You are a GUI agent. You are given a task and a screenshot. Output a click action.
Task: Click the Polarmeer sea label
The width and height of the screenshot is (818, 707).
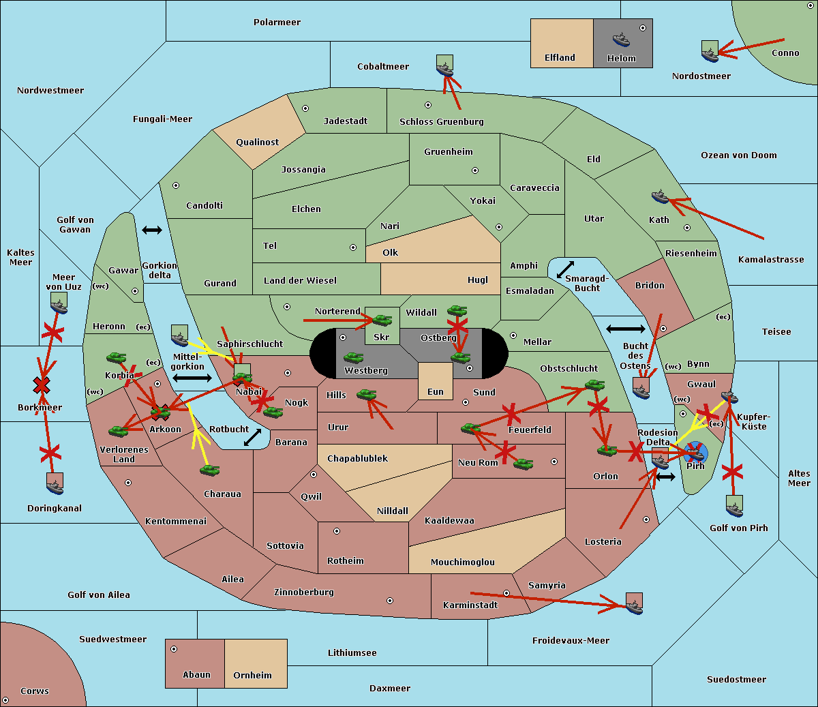[x=277, y=22]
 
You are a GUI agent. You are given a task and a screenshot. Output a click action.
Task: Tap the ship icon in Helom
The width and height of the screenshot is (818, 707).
[x=621, y=39]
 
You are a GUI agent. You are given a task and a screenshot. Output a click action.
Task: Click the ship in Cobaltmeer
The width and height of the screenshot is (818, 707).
[x=444, y=66]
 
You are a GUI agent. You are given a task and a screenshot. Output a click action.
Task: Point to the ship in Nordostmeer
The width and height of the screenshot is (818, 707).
[x=710, y=51]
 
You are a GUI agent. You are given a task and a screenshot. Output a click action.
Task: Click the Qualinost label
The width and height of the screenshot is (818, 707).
[x=257, y=142]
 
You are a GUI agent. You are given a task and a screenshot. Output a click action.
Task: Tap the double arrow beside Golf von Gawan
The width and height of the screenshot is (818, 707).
[x=151, y=230]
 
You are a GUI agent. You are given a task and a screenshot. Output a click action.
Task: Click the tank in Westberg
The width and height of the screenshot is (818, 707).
[x=353, y=357]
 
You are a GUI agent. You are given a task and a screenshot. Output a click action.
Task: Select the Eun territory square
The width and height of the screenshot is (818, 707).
[x=435, y=380]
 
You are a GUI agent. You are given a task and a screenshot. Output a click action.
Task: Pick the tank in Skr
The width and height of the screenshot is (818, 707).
[x=382, y=319]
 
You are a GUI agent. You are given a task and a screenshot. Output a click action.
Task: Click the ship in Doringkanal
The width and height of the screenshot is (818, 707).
[x=55, y=483]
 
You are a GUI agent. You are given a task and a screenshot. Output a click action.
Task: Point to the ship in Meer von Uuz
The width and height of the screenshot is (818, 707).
[x=59, y=303]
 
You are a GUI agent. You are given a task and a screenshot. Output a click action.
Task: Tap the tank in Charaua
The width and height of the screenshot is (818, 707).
[x=209, y=470]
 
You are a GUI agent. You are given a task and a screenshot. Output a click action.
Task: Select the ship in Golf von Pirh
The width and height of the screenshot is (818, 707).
[x=734, y=506]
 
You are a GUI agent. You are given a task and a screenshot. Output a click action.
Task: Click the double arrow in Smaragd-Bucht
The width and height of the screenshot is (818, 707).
[x=565, y=269]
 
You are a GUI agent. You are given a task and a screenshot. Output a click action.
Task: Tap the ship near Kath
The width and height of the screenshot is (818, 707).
[x=660, y=197]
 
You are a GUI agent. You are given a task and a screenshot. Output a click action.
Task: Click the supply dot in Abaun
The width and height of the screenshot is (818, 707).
[x=174, y=649]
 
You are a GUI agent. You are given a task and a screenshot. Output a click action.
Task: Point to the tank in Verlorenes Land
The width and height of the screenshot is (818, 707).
[x=118, y=431]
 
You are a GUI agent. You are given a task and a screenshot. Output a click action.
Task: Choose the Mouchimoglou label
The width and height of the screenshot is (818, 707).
[x=462, y=562]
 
